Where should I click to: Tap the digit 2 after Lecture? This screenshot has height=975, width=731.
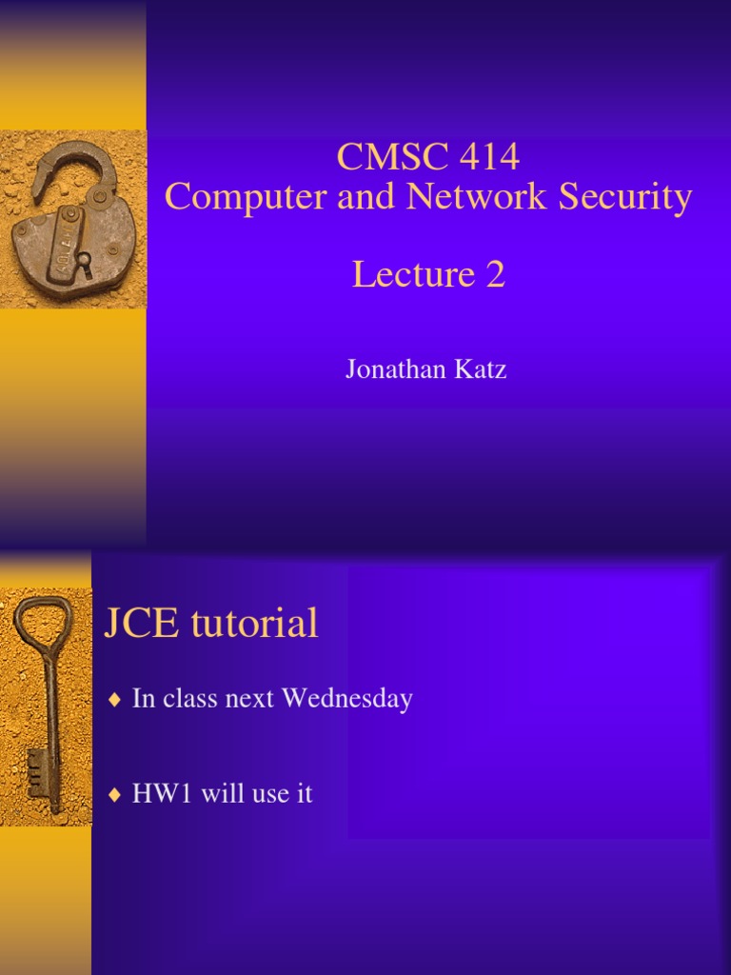tap(494, 275)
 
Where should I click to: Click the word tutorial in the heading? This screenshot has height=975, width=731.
tap(254, 625)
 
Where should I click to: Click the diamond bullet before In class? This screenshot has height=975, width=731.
tap(115, 700)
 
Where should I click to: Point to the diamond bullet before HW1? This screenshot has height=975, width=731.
tap(115, 795)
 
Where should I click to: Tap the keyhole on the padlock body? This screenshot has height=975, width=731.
tap(84, 260)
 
